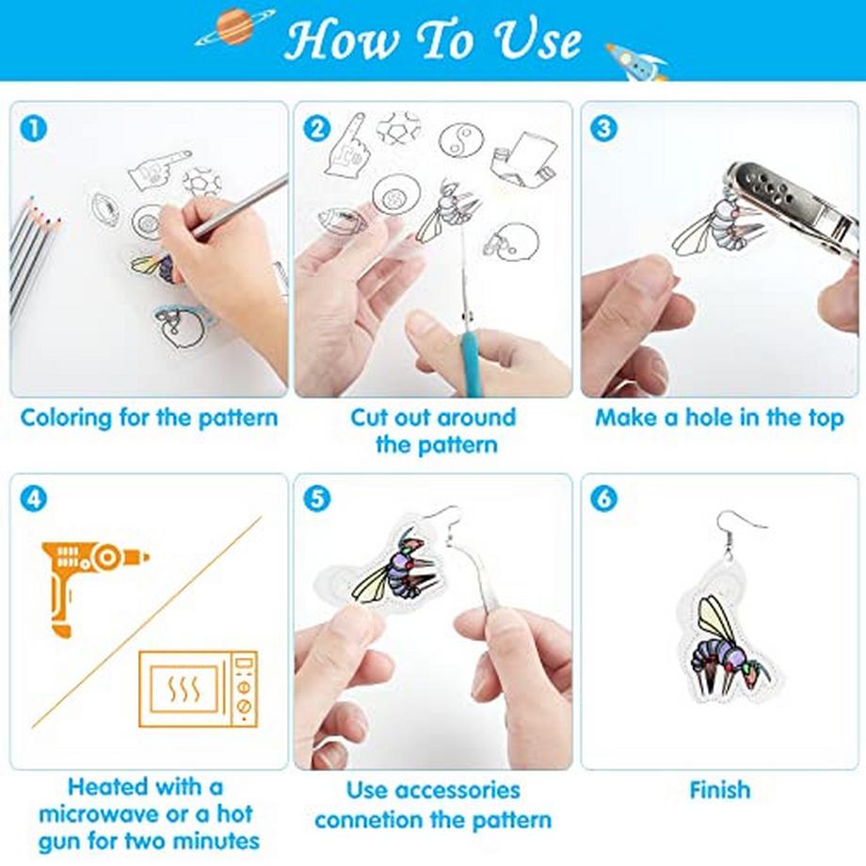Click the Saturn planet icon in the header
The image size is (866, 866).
pyautogui.click(x=235, y=27)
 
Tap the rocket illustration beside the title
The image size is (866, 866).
pyautogui.click(x=637, y=62)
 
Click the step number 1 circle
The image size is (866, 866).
pyautogui.click(x=34, y=129)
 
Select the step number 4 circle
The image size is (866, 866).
pyautogui.click(x=34, y=499)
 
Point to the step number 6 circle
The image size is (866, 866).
pyautogui.click(x=603, y=499)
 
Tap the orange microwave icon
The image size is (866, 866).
pyautogui.click(x=198, y=689)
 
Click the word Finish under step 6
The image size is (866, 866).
pyautogui.click(x=720, y=790)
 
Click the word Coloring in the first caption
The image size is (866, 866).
pyautogui.click(x=66, y=419)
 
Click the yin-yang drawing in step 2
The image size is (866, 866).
pyautogui.click(x=462, y=141)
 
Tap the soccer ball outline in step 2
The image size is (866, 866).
pyautogui.click(x=399, y=128)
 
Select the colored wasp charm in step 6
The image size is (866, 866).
pyautogui.click(x=729, y=641)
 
